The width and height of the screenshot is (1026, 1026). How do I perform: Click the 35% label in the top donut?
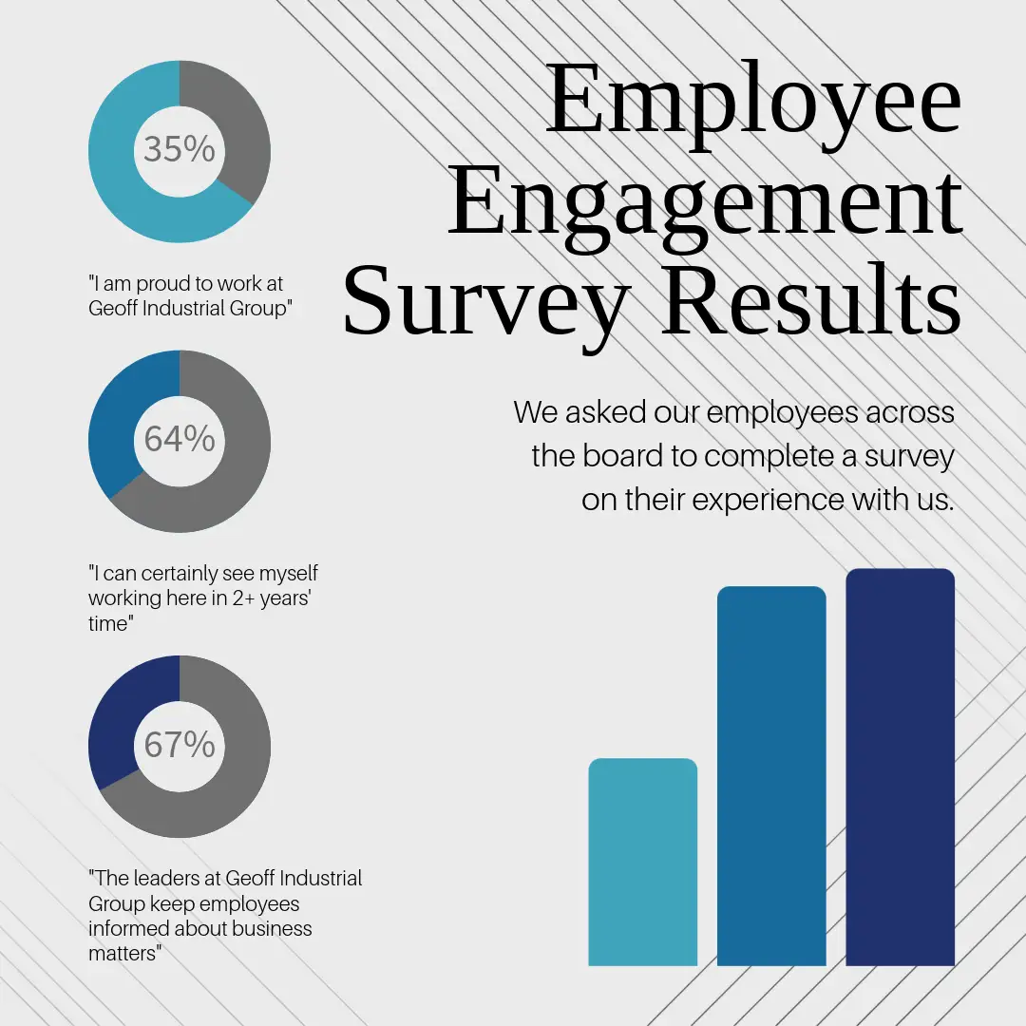click(x=180, y=149)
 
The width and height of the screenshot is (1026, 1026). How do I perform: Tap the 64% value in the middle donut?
click(x=180, y=439)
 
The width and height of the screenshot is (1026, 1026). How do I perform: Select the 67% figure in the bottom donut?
click(x=180, y=745)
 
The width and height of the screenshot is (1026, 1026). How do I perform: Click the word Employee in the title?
click(x=752, y=100)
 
